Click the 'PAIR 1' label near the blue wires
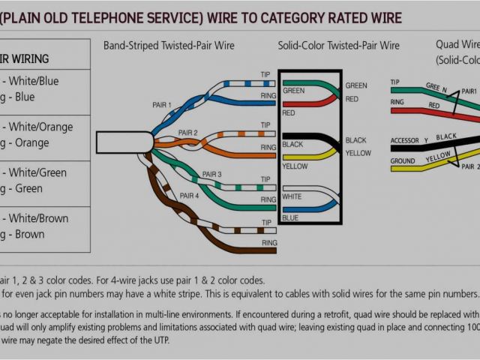pos(162,104)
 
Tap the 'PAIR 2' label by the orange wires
pos(188,132)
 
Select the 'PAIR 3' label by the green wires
pos(212,174)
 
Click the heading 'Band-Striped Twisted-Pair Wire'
pos(168,46)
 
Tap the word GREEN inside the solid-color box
pos(294,91)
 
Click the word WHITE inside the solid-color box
pos(292,196)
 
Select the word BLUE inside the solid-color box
pos(290,217)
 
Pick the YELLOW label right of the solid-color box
pos(358,153)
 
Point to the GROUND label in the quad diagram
pos(403,160)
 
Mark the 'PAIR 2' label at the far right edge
pos(470,166)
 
